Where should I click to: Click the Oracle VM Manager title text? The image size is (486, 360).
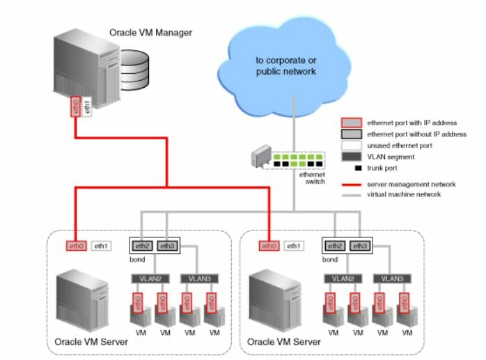150,32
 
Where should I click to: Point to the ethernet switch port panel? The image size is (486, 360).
298,159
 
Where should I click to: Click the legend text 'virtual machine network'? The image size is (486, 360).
405,194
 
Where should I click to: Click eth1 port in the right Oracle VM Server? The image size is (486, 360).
295,246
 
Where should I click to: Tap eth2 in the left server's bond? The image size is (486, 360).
142,246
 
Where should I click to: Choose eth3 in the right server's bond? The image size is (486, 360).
360,246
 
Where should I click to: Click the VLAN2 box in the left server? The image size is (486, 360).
147,278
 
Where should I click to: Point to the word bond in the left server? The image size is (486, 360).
139,259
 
